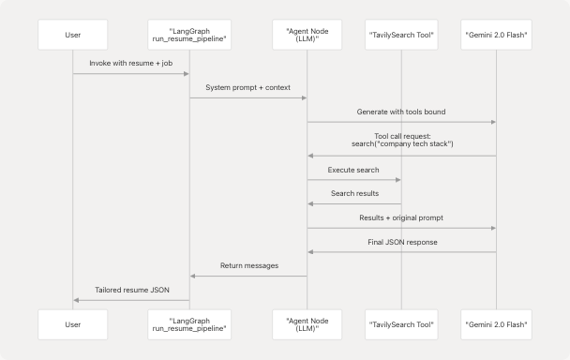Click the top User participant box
coord(73,36)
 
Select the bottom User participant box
coord(73,323)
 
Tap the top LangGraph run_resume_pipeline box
coord(190,36)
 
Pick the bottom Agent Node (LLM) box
coord(307,323)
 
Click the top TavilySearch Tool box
coord(401,36)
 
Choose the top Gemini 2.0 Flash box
coord(496,36)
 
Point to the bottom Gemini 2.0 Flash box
coord(496,323)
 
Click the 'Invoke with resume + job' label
coord(131,63)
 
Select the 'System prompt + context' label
coord(248,87)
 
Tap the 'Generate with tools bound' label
coord(401,112)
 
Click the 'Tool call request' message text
coord(401,140)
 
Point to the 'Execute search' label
coord(354,170)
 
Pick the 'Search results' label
coord(354,193)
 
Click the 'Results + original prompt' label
coord(401,217)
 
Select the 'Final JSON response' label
coord(401,241)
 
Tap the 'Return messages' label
coord(248,265)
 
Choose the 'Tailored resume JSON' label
coord(131,290)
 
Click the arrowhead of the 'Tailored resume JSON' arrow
coord(77,300)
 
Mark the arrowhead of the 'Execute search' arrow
coord(397,180)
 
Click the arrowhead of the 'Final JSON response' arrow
coord(311,251)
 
